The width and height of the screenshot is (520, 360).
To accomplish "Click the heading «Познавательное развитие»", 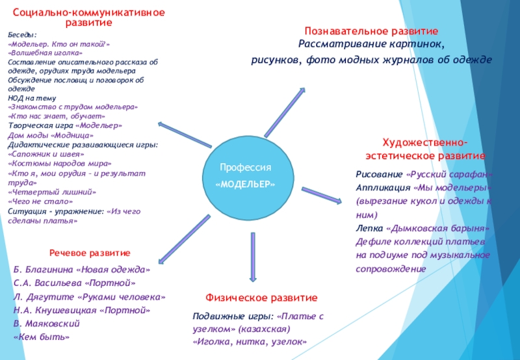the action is (372, 31).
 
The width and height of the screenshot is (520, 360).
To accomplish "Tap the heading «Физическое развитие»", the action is (261, 297).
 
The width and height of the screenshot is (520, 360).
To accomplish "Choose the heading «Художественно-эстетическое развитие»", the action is (424, 149).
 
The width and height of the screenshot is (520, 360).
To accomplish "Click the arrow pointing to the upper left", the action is (182, 131).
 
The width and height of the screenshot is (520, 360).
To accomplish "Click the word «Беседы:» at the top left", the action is (22, 36).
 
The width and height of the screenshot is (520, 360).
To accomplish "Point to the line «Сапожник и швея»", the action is (46, 155).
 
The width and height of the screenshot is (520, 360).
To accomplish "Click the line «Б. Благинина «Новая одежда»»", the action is (82, 269).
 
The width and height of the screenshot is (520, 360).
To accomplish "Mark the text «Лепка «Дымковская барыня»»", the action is (421, 228).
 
